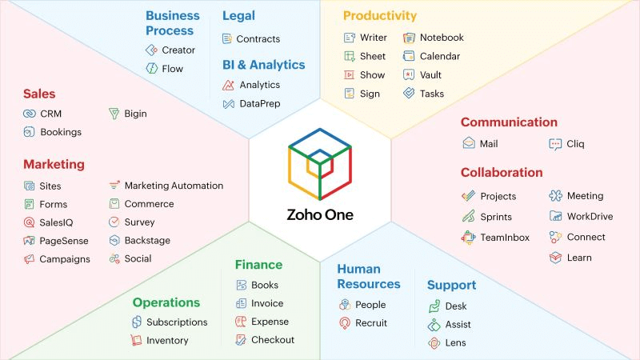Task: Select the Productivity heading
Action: point(380,15)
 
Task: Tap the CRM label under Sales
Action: point(50,114)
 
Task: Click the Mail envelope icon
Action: point(469,143)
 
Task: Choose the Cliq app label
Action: point(575,144)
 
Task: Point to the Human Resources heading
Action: point(369,276)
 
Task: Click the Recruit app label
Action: point(371,323)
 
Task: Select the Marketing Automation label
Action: point(174,186)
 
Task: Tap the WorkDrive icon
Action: point(556,216)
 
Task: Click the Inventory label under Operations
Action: point(167,341)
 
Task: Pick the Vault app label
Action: point(430,75)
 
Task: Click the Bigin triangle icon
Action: point(114,114)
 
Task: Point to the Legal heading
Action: point(238,15)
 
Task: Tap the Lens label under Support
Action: point(456,343)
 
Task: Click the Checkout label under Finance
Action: point(273,340)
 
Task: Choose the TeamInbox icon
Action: point(469,238)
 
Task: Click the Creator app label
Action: point(178,50)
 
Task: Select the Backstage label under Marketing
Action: point(147,241)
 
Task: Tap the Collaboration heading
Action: point(502,172)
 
